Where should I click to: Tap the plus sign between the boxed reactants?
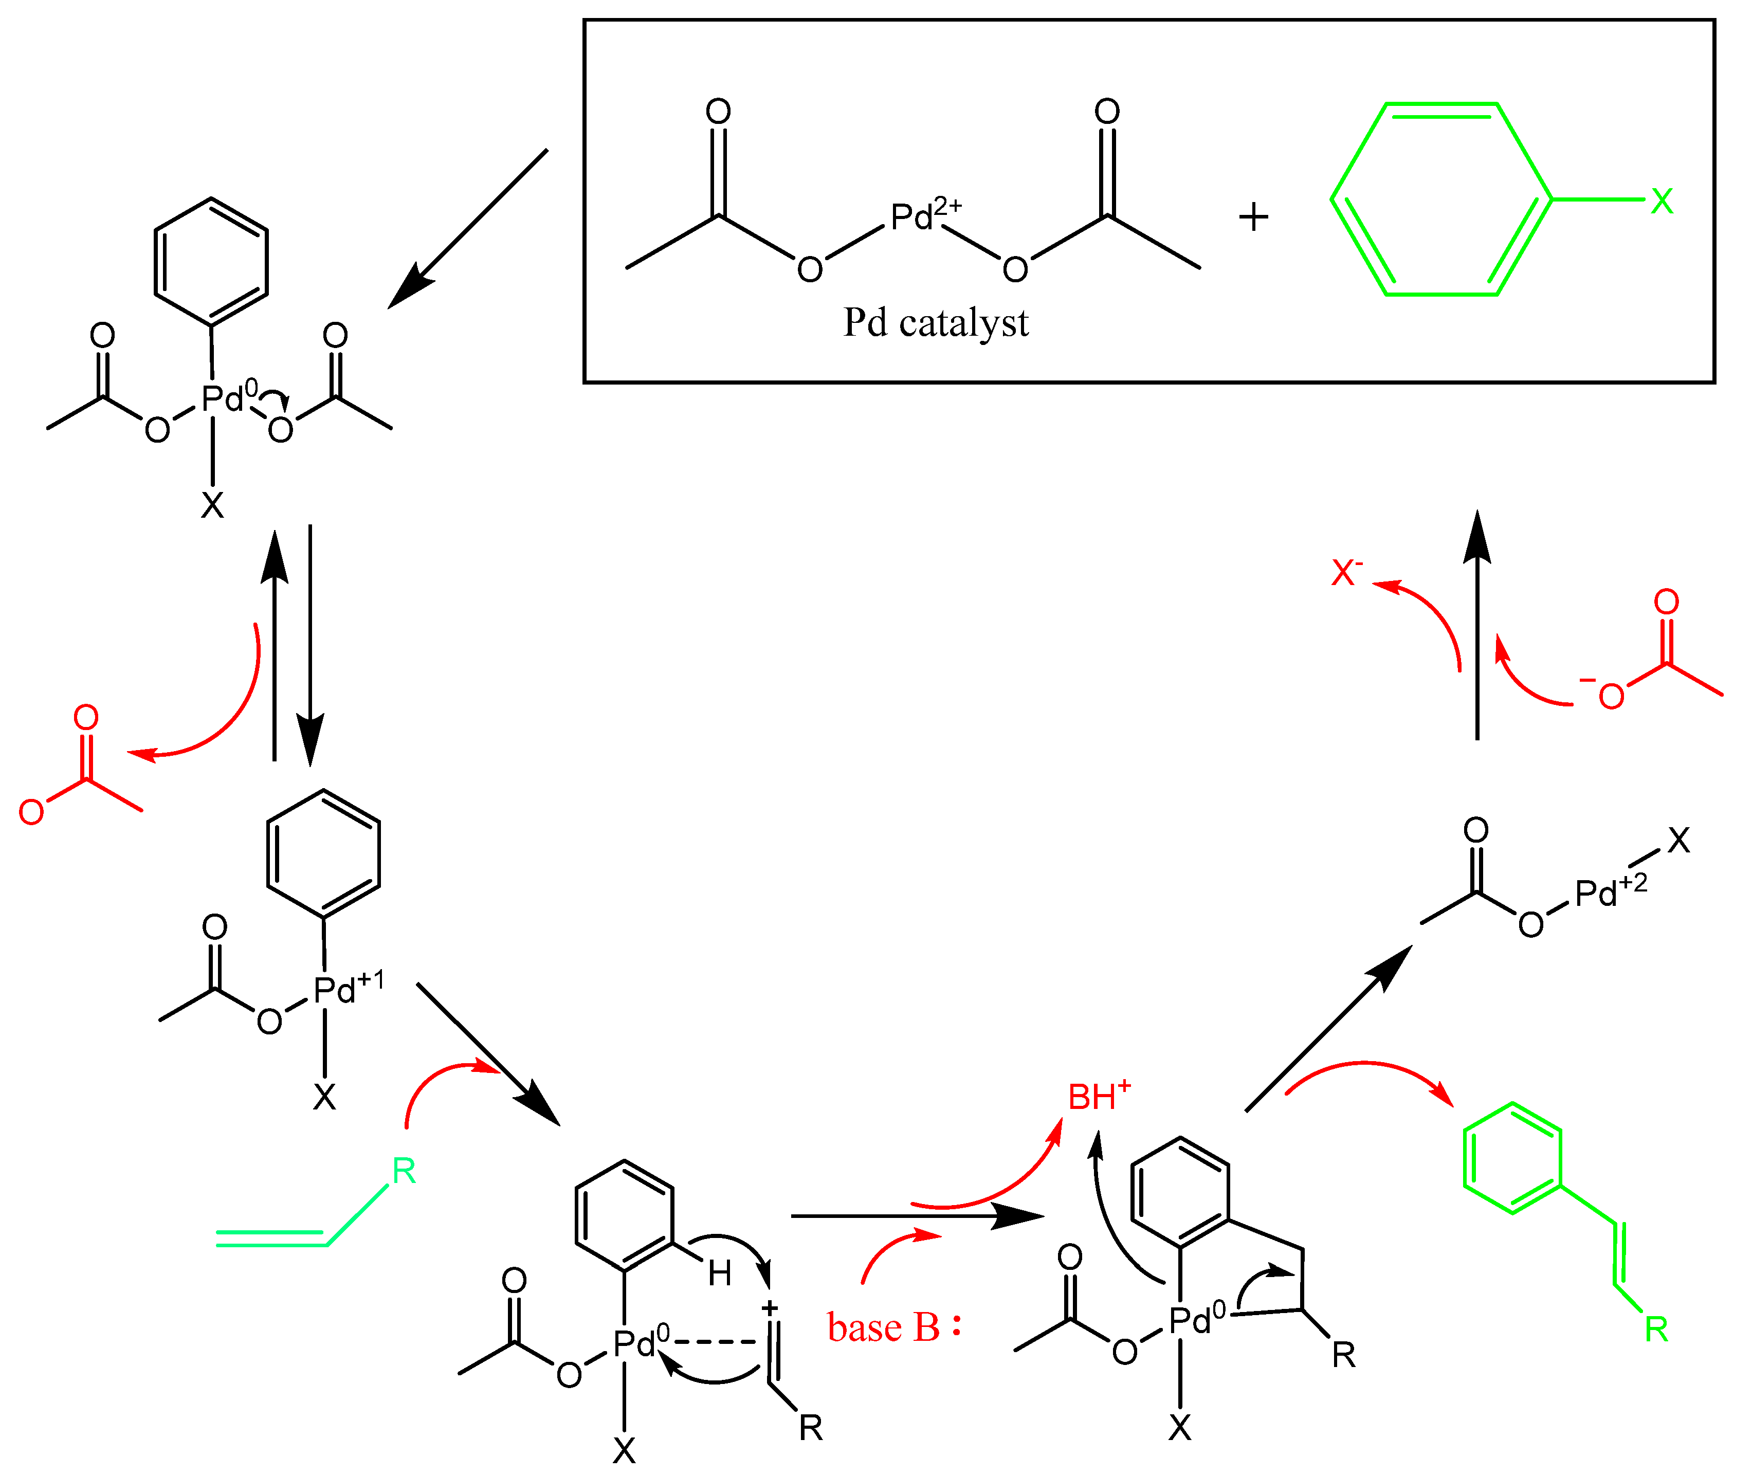[x=1253, y=217]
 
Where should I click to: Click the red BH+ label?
[x=1098, y=1096]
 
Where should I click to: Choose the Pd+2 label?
[x=1610, y=891]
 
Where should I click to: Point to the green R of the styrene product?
[x=1656, y=1328]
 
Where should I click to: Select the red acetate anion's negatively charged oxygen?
[x=1611, y=696]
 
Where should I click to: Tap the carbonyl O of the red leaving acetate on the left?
[x=86, y=717]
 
